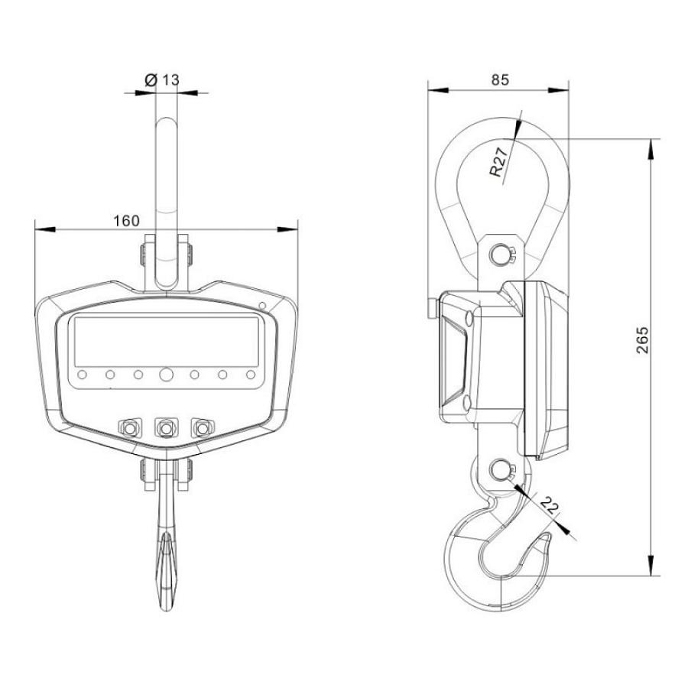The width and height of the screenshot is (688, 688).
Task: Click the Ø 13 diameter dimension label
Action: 161,80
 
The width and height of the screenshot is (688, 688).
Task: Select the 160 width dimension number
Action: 126,221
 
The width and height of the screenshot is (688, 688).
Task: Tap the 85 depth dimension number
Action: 500,80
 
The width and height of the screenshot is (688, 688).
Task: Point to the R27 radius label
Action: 499,162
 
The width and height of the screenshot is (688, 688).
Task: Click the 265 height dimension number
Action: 642,339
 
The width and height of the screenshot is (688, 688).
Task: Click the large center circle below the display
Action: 167,375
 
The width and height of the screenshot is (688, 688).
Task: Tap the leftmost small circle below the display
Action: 82,375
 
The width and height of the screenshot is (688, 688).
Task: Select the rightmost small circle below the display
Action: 251,375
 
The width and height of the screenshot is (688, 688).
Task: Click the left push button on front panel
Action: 130,427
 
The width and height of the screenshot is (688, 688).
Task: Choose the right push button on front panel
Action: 203,427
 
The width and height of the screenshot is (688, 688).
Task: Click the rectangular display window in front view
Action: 167,342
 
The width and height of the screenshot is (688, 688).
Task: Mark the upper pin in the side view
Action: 499,254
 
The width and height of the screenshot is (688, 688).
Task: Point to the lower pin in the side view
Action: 499,470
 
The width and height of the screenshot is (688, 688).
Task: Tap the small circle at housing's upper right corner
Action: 262,305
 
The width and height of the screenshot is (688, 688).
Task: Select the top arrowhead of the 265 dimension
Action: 651,149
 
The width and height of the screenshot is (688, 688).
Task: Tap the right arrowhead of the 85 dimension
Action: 558,90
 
